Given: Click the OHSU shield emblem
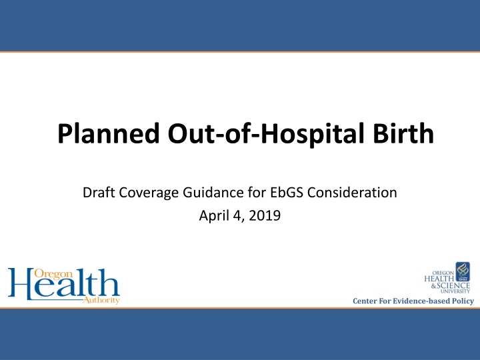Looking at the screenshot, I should pos(462,271).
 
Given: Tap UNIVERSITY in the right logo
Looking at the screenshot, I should pos(455,291).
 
